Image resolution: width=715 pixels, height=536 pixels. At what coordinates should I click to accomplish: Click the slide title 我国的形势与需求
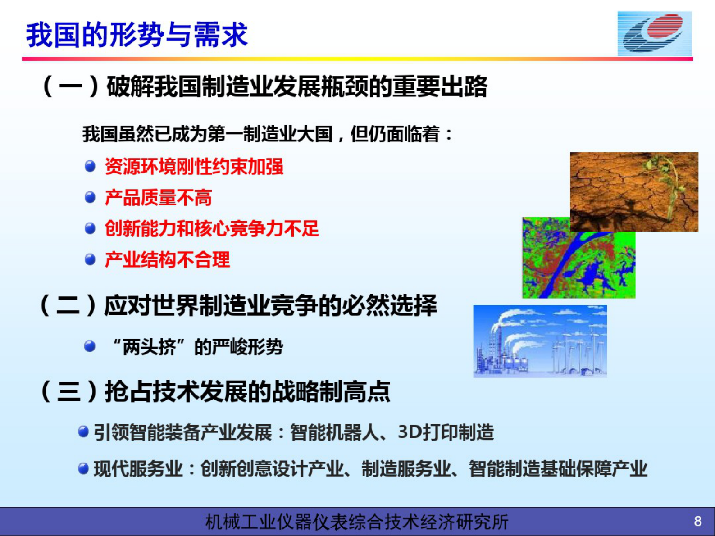click(x=137, y=35)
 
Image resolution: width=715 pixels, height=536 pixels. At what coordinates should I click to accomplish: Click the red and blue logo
click(x=654, y=34)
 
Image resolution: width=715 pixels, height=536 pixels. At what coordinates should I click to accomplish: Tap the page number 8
click(x=697, y=521)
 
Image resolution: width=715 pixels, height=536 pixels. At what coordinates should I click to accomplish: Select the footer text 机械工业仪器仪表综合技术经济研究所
click(x=356, y=522)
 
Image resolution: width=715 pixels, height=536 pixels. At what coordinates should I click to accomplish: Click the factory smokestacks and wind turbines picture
click(x=540, y=341)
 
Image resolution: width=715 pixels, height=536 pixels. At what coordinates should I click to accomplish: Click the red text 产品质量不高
click(x=158, y=198)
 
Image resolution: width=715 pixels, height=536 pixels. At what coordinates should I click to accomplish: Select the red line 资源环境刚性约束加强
click(x=194, y=167)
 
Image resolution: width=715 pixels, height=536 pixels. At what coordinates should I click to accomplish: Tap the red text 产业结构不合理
click(x=167, y=260)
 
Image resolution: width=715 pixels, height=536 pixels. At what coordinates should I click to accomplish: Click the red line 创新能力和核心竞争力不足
click(x=212, y=229)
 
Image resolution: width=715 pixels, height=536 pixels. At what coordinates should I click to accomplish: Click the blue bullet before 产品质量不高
click(x=90, y=197)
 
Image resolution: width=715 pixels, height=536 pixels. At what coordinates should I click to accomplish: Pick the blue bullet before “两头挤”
click(x=90, y=346)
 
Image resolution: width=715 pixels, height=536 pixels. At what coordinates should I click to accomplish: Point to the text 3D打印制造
click(x=446, y=432)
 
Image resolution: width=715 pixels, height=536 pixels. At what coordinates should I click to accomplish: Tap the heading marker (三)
click(x=68, y=391)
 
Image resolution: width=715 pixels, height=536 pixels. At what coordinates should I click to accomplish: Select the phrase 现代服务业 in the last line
click(x=138, y=469)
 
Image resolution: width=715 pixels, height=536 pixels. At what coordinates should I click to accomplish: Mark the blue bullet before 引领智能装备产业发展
click(x=83, y=432)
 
